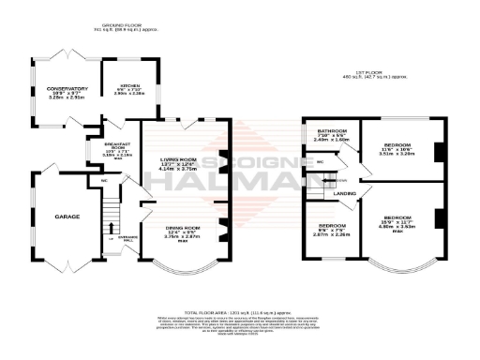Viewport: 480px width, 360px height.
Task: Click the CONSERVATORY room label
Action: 67,89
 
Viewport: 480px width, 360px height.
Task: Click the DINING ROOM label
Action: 183,229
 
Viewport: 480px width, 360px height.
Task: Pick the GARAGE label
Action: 67,217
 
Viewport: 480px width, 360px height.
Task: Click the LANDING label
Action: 346,194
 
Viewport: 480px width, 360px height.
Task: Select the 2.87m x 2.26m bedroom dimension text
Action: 331,235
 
